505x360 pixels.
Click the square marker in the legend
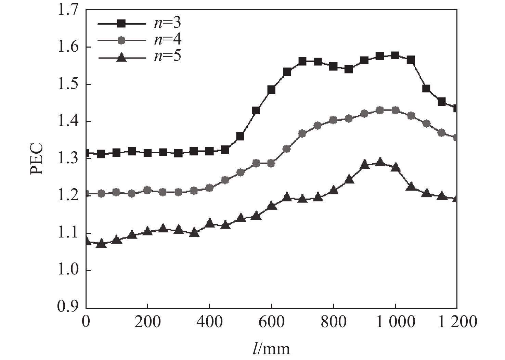(x=121, y=23)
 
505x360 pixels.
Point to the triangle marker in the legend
(x=121, y=57)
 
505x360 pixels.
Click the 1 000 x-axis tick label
(x=395, y=322)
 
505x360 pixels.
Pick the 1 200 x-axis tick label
(x=457, y=322)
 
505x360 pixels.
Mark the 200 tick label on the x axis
(x=147, y=322)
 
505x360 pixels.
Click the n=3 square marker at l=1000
(x=395, y=55)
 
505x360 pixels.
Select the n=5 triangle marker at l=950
(x=380, y=162)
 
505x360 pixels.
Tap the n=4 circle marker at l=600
(x=271, y=163)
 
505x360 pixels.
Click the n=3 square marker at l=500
(x=240, y=137)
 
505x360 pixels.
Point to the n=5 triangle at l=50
(x=101, y=244)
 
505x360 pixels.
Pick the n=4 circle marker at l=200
(x=147, y=190)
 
